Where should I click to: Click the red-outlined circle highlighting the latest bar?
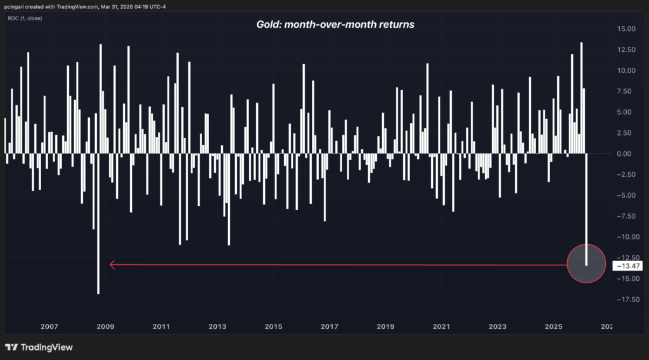pyautogui.click(x=586, y=263)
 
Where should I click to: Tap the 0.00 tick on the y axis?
pyautogui.click(x=628, y=153)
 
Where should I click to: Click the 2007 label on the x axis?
pyautogui.click(x=49, y=326)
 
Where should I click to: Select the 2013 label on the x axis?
pyautogui.click(x=217, y=326)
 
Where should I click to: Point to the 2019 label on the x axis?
pyautogui.click(x=385, y=326)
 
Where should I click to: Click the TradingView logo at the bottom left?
pyautogui.click(x=39, y=347)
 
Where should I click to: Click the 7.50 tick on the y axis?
pyautogui.click(x=628, y=91)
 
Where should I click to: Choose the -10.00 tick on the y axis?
pyautogui.click(x=626, y=237)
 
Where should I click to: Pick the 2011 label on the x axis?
pyautogui.click(x=162, y=326)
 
